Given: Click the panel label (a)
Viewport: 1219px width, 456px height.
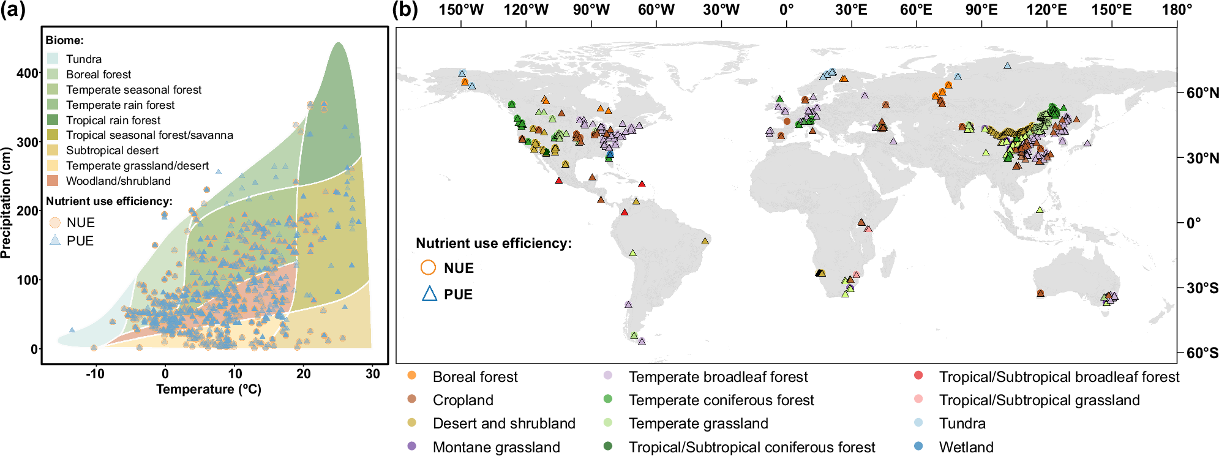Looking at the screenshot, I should (13, 10).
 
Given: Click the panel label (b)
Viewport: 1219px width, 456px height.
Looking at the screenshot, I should (405, 10).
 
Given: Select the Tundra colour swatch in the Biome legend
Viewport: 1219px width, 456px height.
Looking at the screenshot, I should (53, 59).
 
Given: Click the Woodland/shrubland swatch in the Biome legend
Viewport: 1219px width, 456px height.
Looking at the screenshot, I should (53, 181).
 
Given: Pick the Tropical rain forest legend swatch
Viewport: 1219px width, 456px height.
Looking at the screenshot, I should (53, 120).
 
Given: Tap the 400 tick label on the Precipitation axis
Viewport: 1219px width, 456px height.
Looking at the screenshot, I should (27, 73).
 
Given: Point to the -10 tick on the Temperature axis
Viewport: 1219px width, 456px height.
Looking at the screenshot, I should (95, 374).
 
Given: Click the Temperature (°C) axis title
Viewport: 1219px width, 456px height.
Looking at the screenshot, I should (209, 389).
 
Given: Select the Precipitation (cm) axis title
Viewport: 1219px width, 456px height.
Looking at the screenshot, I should (7, 203).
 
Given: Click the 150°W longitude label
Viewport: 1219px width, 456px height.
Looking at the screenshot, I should (461, 10).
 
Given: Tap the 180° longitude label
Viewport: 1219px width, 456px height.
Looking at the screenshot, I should (1177, 10).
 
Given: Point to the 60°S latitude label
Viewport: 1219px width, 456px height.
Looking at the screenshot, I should (1202, 353).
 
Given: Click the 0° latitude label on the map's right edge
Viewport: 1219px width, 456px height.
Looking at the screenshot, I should (1193, 223).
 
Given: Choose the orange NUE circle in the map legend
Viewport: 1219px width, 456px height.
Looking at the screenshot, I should (429, 267).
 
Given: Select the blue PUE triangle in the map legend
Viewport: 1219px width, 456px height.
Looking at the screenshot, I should (429, 294).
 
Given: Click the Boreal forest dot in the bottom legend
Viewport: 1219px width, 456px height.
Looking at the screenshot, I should (412, 375).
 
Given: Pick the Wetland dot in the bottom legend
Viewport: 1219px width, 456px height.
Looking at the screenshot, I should (918, 446).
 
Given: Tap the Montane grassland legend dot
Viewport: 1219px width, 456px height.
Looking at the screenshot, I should (412, 446).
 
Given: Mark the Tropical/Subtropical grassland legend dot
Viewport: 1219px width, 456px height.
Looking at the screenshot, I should (918, 399).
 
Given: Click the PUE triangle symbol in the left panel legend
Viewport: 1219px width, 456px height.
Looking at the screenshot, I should (55, 240).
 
